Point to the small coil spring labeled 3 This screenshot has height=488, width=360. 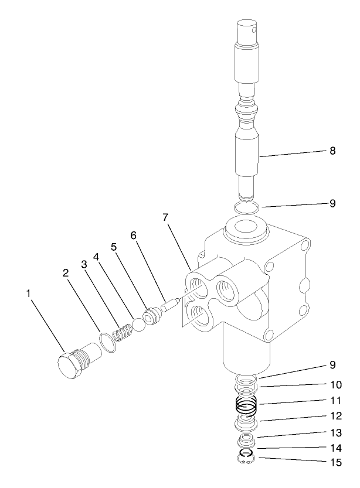(124, 335)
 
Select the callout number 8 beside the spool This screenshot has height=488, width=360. (332, 151)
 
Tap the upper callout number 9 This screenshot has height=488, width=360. (332, 204)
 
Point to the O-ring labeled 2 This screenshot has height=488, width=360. (107, 342)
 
